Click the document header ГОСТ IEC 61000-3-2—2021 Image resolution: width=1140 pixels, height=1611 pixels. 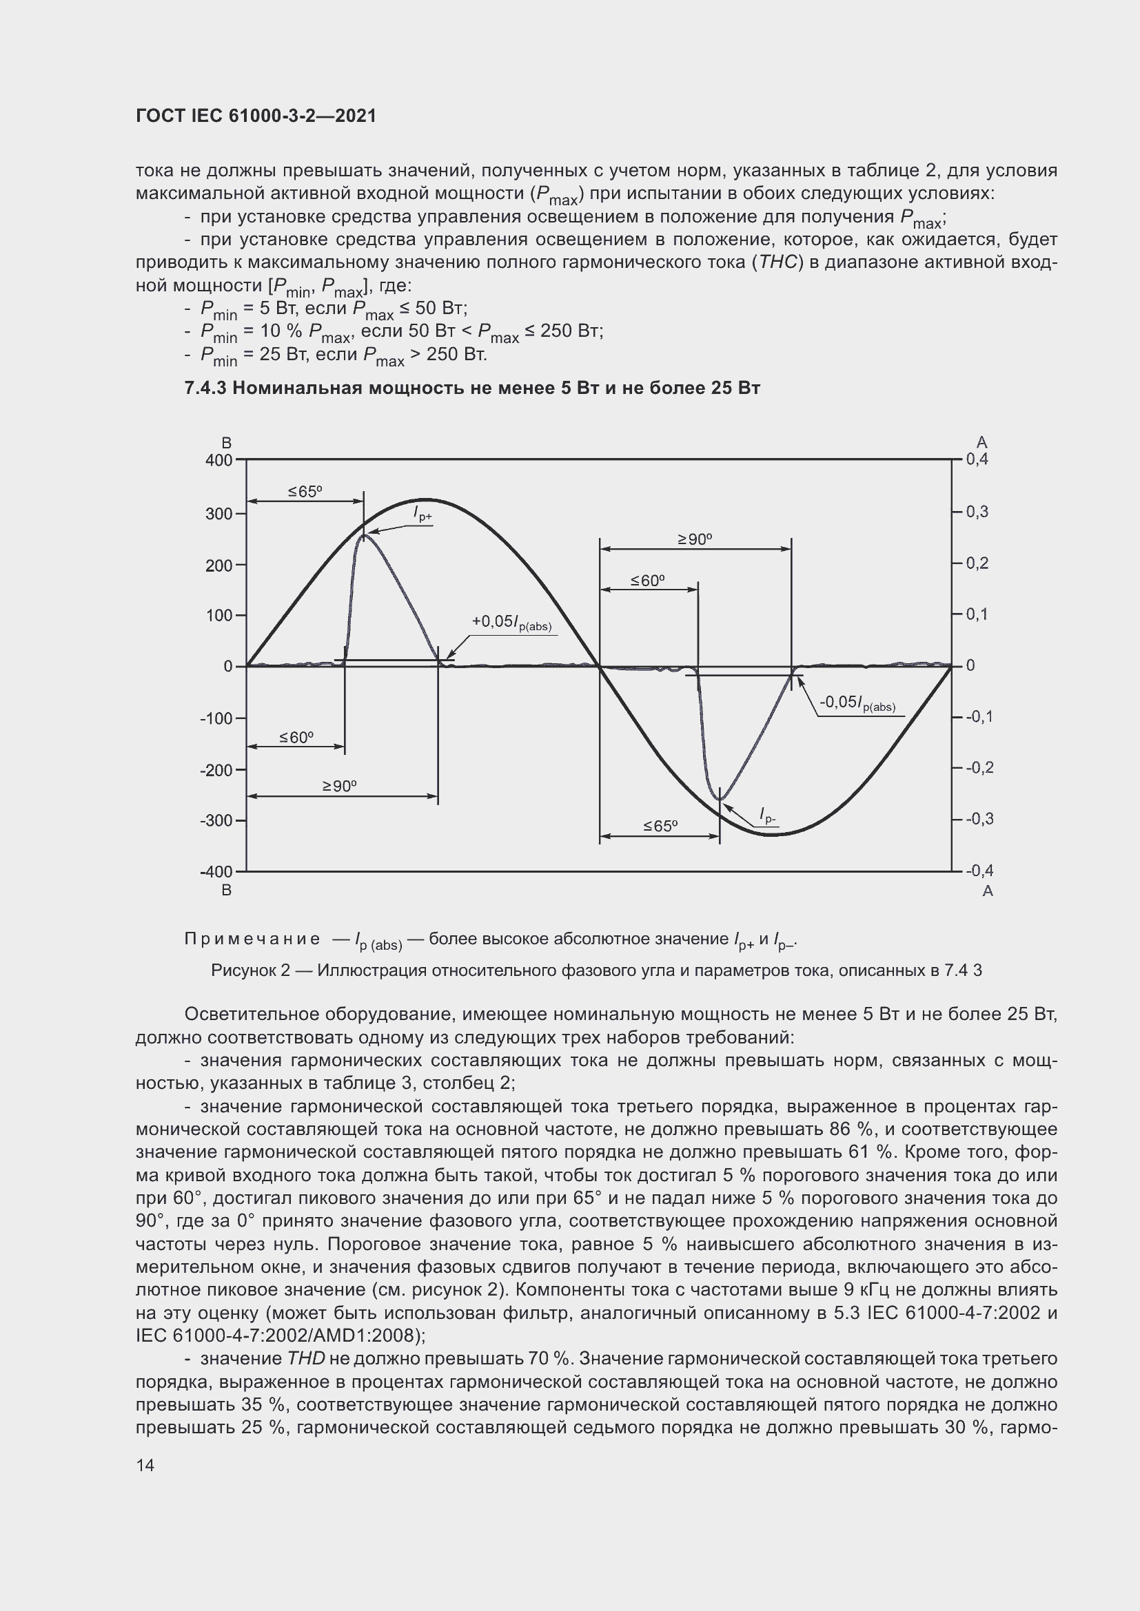pyautogui.click(x=256, y=116)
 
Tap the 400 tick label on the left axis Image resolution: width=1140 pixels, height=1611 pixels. pyautogui.click(x=218, y=461)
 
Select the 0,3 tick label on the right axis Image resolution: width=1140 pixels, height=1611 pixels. pyautogui.click(x=977, y=512)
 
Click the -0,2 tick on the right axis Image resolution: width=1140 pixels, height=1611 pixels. pyautogui.click(x=979, y=767)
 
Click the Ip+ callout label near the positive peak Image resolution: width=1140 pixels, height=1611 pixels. pyautogui.click(x=423, y=515)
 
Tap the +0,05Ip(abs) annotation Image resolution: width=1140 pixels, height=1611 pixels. pyautogui.click(x=511, y=623)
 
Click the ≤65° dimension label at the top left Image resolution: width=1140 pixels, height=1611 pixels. pyautogui.click(x=305, y=491)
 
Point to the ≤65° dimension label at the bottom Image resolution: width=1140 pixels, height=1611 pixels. pyautogui.click(x=660, y=827)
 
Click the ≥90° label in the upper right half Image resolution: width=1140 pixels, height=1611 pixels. pyautogui.click(x=694, y=539)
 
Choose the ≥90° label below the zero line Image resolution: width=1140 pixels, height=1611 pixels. pyautogui.click(x=339, y=786)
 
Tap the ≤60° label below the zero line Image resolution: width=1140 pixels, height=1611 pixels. pyautogui.click(x=296, y=737)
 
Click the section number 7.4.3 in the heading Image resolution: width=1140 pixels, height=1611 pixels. pyautogui.click(x=205, y=388)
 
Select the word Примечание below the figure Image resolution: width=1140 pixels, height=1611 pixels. pyautogui.click(x=252, y=939)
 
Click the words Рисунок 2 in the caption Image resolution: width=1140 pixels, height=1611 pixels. pyautogui.click(x=250, y=970)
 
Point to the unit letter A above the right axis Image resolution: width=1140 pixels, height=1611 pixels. pyautogui.click(x=981, y=442)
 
